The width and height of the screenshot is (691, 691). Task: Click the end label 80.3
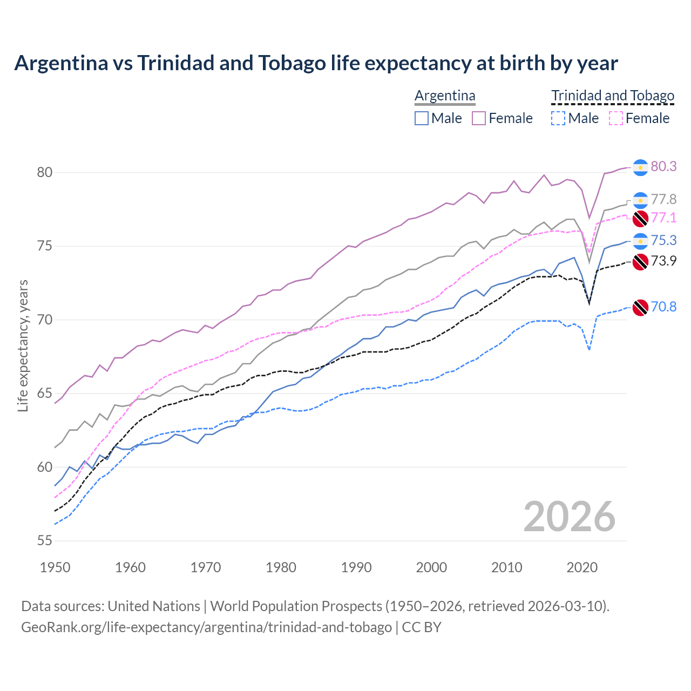click(x=663, y=167)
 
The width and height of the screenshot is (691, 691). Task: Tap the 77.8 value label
click(x=663, y=200)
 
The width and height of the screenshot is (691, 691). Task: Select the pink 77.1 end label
click(x=663, y=218)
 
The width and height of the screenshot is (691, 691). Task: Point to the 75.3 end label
click(x=663, y=241)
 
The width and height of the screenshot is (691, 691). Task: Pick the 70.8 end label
click(x=663, y=307)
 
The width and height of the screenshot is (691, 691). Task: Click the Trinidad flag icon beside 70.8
click(x=640, y=307)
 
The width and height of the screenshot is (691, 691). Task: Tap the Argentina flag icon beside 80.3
click(x=640, y=167)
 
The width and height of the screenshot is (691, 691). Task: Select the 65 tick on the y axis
click(x=45, y=394)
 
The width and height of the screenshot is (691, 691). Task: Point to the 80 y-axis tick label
click(x=45, y=173)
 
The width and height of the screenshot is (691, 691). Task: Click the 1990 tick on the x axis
click(x=356, y=567)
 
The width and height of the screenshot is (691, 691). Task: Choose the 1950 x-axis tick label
click(x=55, y=567)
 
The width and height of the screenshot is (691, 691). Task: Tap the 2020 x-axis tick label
click(x=582, y=567)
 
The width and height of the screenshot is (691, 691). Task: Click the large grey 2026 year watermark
click(x=570, y=517)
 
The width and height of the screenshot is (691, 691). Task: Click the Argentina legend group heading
click(x=445, y=96)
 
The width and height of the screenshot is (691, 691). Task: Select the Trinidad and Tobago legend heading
click(x=613, y=96)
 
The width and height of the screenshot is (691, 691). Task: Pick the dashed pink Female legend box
click(x=616, y=118)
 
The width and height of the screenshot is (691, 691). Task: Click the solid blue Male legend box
click(x=422, y=118)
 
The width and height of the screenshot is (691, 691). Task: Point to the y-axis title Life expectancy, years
click(x=23, y=345)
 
